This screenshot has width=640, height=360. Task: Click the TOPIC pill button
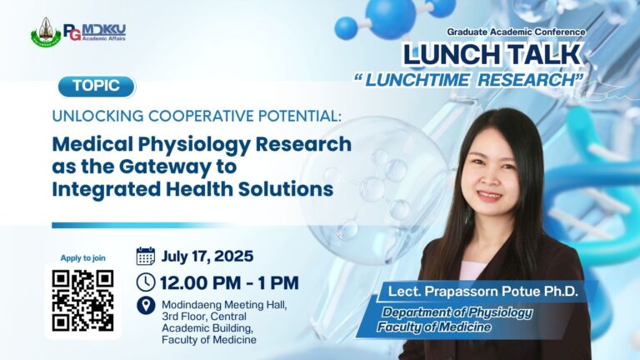click(x=97, y=87)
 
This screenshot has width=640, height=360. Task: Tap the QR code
click(x=82, y=300)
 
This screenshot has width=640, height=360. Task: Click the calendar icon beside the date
click(x=145, y=257)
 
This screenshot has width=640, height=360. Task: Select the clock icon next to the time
click(x=145, y=282)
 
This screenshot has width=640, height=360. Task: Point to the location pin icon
click(x=146, y=306)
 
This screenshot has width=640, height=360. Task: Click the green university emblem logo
click(x=46, y=32)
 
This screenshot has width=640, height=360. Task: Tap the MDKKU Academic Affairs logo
click(x=95, y=32)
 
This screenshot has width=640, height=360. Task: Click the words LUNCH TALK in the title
click(x=492, y=54)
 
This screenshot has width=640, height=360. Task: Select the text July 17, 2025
click(x=207, y=257)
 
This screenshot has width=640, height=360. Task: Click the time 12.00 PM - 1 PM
click(x=229, y=282)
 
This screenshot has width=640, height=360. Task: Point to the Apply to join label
click(x=82, y=258)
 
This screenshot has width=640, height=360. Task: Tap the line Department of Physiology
click(x=457, y=312)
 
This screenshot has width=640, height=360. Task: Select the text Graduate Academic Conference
click(x=516, y=32)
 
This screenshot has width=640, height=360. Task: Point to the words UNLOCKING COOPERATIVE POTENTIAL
click(x=197, y=116)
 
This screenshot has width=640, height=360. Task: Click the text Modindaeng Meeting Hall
click(x=224, y=305)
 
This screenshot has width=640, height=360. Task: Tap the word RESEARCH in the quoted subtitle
click(x=528, y=80)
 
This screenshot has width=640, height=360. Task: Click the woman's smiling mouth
click(x=489, y=196)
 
